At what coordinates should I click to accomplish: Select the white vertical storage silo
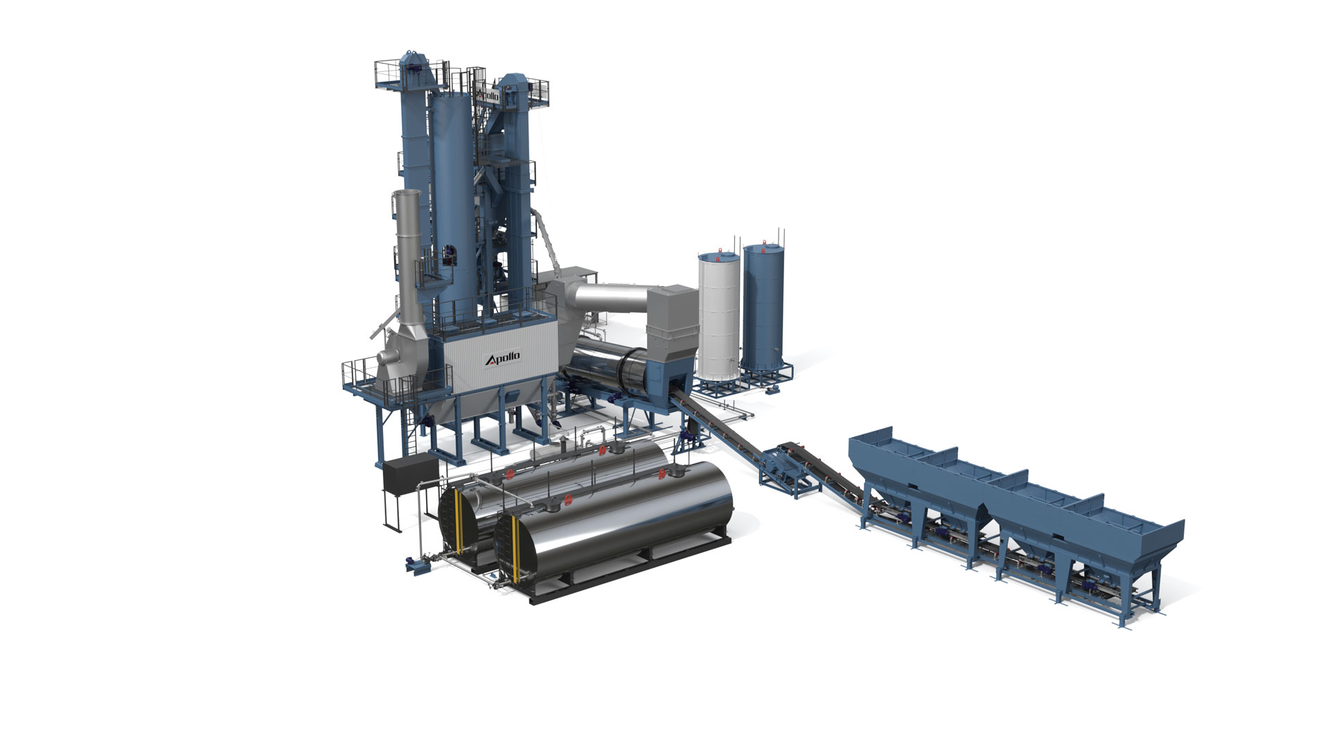tap(718, 316)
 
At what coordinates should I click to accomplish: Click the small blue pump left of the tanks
tap(417, 563)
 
